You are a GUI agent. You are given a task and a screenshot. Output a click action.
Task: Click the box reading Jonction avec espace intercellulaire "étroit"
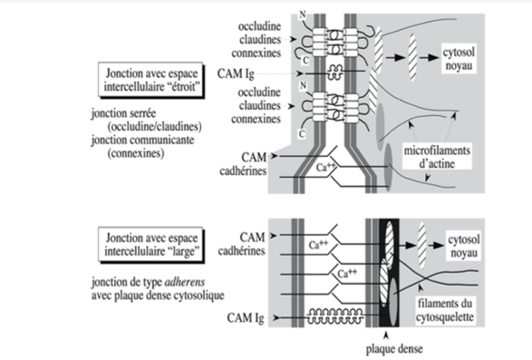click(151, 80)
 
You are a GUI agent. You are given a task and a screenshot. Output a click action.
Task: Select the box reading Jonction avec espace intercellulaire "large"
click(151, 245)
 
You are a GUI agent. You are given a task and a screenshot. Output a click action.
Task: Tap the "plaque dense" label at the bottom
click(394, 349)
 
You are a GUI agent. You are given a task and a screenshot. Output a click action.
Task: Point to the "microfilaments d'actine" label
click(437, 157)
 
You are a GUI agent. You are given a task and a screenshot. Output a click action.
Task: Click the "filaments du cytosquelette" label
click(444, 310)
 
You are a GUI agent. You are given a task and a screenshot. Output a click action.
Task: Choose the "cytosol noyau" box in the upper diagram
click(459, 59)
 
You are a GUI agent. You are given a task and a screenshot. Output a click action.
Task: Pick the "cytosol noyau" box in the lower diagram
click(464, 247)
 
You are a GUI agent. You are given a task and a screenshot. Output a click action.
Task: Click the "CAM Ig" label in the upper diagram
click(236, 73)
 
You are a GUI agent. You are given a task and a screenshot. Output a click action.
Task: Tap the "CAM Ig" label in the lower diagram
click(246, 318)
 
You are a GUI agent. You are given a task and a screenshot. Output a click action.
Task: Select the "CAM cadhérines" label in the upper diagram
click(243, 164)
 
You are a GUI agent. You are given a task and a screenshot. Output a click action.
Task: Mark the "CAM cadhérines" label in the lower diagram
click(242, 244)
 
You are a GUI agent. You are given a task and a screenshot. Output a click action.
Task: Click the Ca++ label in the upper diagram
click(325, 167)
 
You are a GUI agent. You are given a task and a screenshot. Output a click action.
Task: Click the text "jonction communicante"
click(142, 140)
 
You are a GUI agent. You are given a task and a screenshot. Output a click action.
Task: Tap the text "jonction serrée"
click(123, 113)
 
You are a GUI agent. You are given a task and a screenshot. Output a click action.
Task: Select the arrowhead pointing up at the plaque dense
click(386, 336)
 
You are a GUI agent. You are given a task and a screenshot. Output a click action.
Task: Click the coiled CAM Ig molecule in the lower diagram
click(334, 316)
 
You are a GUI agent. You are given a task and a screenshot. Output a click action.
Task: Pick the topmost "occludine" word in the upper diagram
click(259, 26)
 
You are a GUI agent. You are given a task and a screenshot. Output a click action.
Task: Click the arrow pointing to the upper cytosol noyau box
click(430, 57)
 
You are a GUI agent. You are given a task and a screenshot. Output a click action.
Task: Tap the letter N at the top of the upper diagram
click(303, 15)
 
